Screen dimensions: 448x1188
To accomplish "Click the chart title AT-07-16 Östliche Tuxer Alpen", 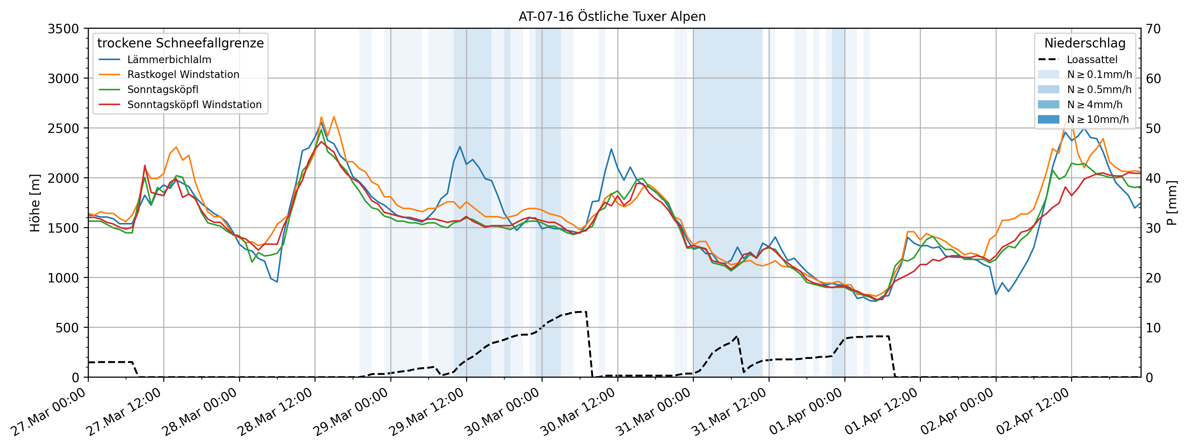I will (612, 17).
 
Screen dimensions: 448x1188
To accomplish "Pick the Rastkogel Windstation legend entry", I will (183, 74).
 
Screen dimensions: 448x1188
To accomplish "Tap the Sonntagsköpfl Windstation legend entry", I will (194, 105).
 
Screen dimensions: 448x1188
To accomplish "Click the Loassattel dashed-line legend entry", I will (1092, 60).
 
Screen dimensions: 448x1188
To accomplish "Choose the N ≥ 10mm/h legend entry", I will (1098, 120).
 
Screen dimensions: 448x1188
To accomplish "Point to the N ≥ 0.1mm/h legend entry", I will (1099, 74).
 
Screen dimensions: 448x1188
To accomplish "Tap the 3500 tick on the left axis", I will (63, 29).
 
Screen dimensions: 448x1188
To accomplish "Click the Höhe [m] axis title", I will (35, 203).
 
